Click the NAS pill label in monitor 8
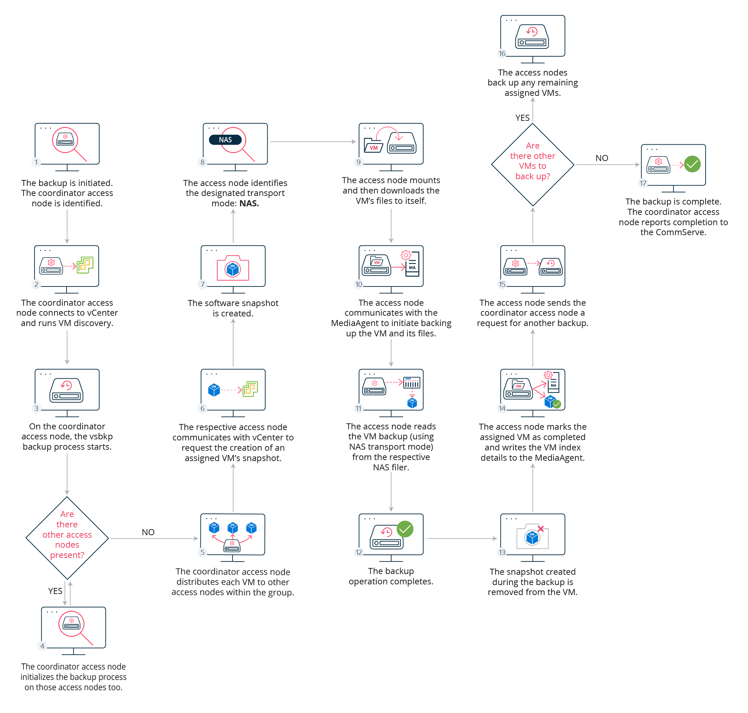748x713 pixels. [x=225, y=140]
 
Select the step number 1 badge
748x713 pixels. [x=36, y=162]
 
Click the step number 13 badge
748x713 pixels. [x=502, y=553]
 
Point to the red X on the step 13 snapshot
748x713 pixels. [x=541, y=529]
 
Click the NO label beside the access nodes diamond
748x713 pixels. [x=148, y=532]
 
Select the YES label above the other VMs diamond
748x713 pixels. [x=523, y=118]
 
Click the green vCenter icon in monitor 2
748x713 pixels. [x=85, y=265]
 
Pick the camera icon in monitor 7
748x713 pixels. [x=233, y=268]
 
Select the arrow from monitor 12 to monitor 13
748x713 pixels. [x=462, y=538]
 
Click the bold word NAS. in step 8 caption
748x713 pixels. [x=249, y=203]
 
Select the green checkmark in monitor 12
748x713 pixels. [x=405, y=529]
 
